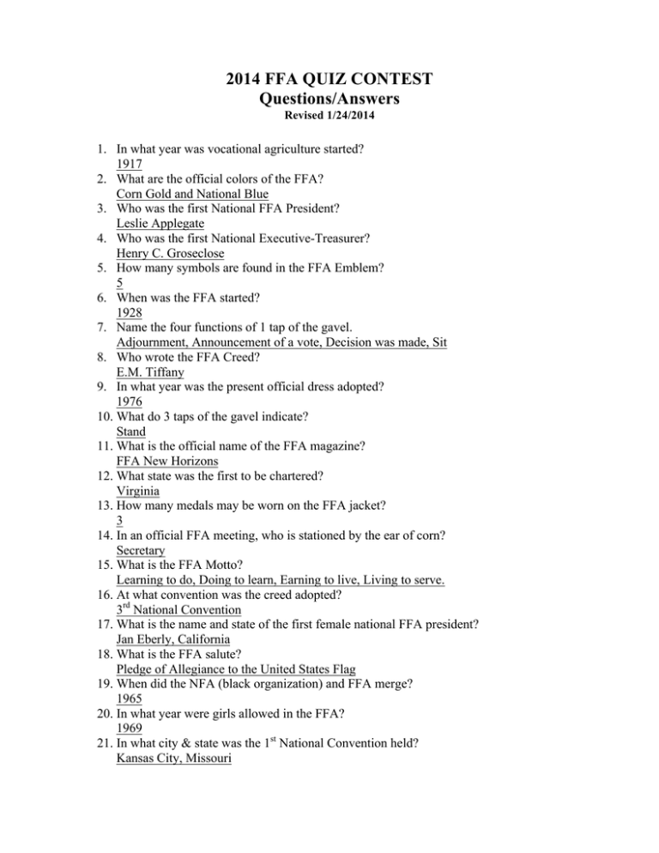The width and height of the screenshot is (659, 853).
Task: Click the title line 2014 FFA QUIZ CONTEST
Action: click(x=330, y=82)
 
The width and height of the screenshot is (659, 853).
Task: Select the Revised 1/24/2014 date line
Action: click(x=330, y=118)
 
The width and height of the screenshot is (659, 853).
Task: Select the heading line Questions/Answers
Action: click(x=330, y=101)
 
